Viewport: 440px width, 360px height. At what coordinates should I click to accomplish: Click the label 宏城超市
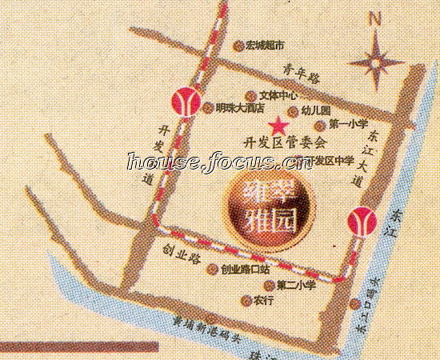coord(265,47)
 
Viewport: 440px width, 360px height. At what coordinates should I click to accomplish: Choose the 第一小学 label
coord(347,124)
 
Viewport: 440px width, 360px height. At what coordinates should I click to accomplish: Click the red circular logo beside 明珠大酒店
coord(186,101)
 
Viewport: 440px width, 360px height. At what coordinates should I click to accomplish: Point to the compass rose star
coord(378,60)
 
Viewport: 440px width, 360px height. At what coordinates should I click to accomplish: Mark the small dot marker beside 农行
coord(246,301)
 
